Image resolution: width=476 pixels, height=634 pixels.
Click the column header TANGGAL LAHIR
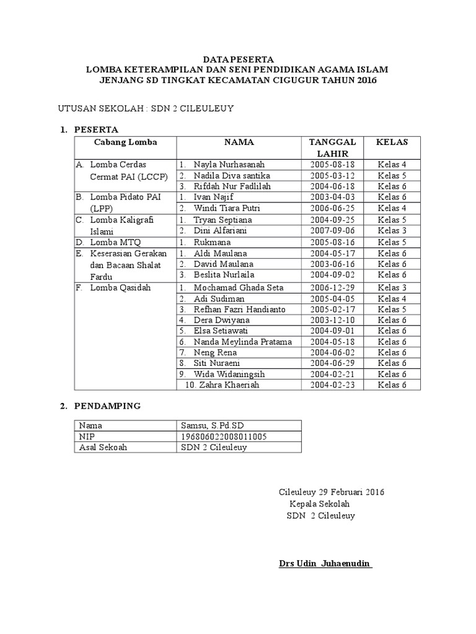tap(333, 148)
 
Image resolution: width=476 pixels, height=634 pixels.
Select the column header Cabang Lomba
tap(125, 142)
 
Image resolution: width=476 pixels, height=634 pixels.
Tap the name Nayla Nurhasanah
tap(229, 165)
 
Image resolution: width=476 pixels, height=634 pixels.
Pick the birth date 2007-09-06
tap(333, 231)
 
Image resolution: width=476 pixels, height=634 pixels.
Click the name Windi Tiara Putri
tap(223, 209)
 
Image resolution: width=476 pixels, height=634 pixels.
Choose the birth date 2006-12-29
tap(333, 287)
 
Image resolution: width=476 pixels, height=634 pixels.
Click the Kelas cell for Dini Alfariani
tap(392, 231)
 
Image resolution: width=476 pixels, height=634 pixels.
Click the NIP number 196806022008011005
tap(224, 436)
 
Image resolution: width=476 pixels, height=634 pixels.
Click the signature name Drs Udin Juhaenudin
tap(324, 564)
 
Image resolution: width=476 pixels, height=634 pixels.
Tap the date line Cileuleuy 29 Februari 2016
tap(332, 493)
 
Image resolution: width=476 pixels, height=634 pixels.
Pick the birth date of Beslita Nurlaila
tap(333, 275)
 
